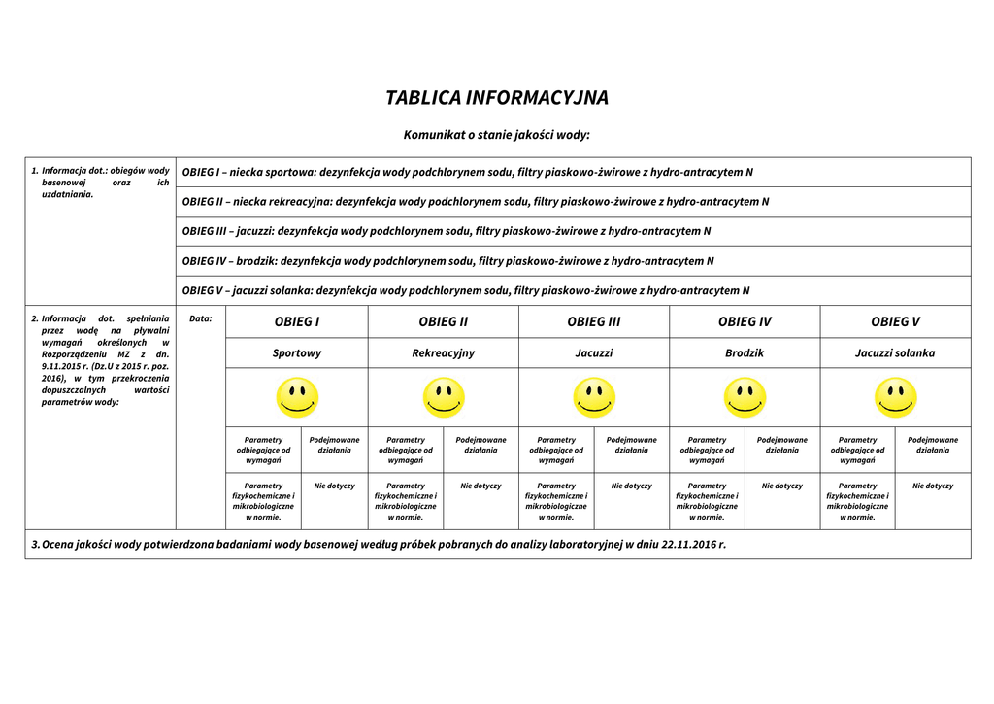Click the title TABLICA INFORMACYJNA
coord(497,98)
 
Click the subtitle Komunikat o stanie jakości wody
coord(497,135)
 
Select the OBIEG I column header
coord(297,321)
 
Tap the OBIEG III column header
coord(594,321)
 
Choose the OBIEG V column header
coord(895,321)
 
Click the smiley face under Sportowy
coord(297,397)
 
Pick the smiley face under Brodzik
coord(745,397)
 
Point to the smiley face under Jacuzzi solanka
coord(895,397)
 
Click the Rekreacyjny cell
coord(444,353)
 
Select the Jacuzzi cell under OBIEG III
coord(594,353)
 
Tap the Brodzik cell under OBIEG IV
coord(745,353)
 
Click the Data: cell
coord(201,318)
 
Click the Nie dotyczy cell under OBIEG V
coord(933,486)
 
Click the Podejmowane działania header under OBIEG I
coord(335,445)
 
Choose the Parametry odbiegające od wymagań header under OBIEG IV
coord(707,450)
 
